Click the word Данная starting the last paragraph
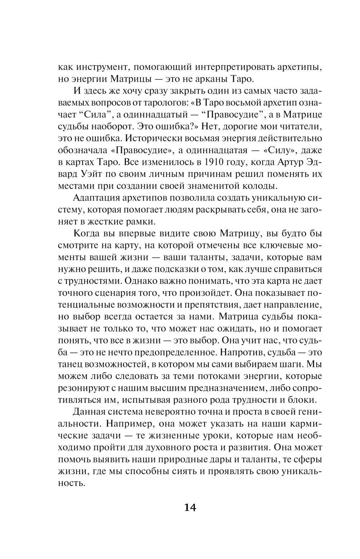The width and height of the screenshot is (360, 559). coord(88,412)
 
